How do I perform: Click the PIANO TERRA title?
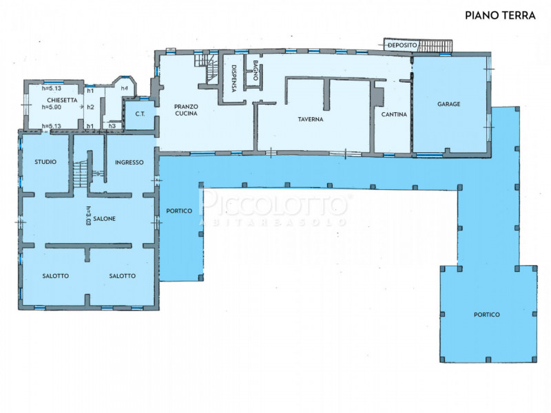(500, 15)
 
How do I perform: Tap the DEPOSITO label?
(402, 45)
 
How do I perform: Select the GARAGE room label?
(449, 104)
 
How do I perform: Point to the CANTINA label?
(394, 114)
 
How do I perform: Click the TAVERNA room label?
(311, 119)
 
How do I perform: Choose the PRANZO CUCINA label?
(186, 110)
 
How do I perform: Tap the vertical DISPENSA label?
(234, 78)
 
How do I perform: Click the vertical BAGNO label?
(256, 70)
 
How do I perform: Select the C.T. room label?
(141, 114)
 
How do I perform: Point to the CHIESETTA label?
(62, 100)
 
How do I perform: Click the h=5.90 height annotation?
(51, 107)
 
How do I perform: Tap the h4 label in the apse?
(125, 88)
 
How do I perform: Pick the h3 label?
(112, 126)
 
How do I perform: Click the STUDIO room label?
(45, 162)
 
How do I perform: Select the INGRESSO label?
(129, 162)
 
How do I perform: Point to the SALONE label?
(105, 218)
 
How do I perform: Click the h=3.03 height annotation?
(88, 215)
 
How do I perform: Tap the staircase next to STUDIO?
(81, 174)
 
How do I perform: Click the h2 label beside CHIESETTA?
(90, 107)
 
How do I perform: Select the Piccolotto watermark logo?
(273, 206)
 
